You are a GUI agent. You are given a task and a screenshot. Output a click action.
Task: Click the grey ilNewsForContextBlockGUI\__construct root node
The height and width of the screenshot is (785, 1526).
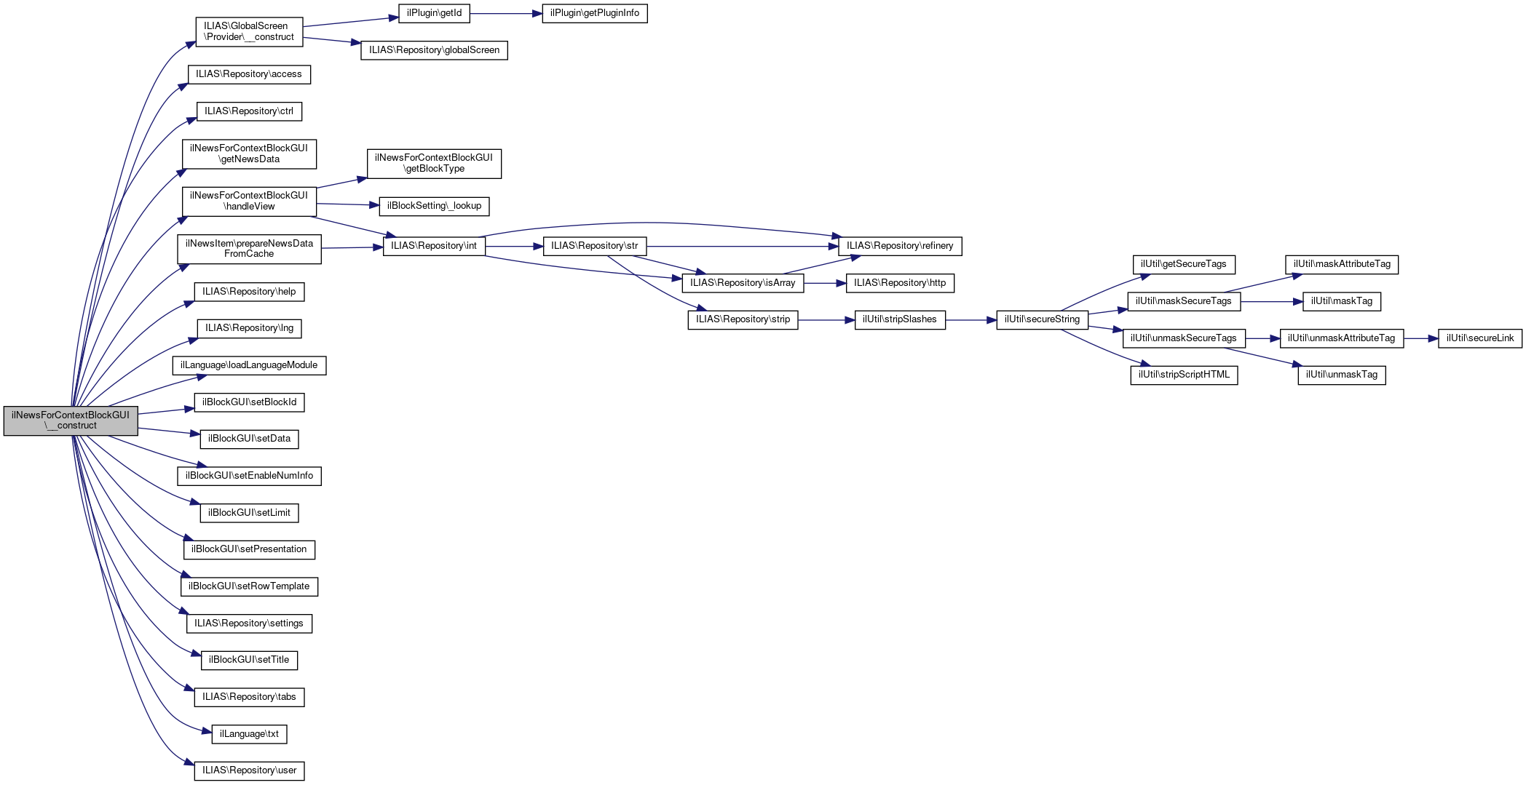(x=71, y=421)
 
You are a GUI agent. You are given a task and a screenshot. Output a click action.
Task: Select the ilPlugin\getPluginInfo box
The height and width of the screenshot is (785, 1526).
(x=594, y=13)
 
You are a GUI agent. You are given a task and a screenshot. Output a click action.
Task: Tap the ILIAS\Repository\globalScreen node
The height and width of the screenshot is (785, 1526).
(x=434, y=50)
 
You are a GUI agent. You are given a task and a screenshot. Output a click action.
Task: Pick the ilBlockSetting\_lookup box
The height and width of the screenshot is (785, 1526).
(x=434, y=206)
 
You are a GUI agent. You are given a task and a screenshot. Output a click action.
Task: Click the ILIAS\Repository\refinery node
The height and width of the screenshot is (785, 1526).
(x=900, y=246)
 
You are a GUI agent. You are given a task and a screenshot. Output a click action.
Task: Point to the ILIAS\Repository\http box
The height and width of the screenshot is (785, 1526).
(x=900, y=283)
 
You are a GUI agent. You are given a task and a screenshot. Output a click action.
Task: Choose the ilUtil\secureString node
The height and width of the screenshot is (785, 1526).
(x=1042, y=319)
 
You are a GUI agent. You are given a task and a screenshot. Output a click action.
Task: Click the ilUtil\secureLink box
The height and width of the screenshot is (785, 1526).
(x=1479, y=338)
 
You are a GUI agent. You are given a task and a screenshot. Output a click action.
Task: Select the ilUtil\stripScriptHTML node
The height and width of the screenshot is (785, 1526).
(x=1184, y=375)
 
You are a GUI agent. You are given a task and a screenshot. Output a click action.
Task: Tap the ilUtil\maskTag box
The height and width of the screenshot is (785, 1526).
(x=1341, y=301)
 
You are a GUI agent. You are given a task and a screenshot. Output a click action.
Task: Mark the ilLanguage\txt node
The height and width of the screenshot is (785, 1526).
(x=249, y=734)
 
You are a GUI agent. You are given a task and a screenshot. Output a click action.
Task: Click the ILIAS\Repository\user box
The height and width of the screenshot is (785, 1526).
(x=249, y=770)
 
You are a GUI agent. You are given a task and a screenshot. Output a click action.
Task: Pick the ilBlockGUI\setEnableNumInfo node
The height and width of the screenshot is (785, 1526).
(x=249, y=476)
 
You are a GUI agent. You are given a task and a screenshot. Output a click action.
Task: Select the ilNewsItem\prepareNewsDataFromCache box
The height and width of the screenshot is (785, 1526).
(x=249, y=249)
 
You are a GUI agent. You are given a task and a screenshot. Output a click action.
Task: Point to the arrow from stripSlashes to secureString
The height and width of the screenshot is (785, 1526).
(x=970, y=319)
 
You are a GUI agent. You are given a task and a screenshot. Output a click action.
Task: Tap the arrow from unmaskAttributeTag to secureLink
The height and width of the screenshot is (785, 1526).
(x=1420, y=338)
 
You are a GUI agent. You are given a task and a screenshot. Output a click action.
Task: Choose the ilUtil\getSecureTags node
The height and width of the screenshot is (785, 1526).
(x=1183, y=264)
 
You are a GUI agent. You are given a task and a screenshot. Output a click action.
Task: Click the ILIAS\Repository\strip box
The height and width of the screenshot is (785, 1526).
(x=743, y=319)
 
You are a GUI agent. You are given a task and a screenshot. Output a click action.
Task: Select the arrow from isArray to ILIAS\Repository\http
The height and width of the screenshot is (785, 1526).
(x=825, y=283)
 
